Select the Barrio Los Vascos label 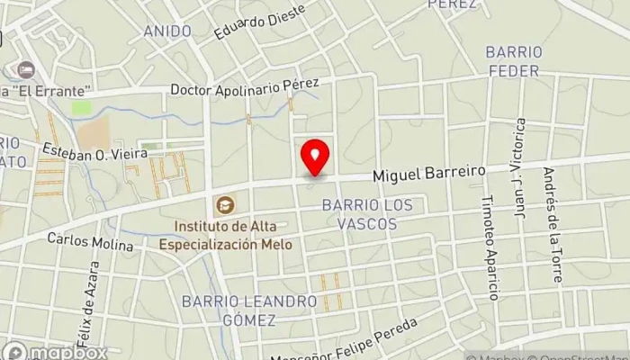pyautogui.click(x=367, y=213)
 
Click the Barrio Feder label pyautogui.click(x=512, y=60)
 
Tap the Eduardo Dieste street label pyautogui.click(x=259, y=22)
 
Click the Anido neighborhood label pyautogui.click(x=167, y=31)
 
